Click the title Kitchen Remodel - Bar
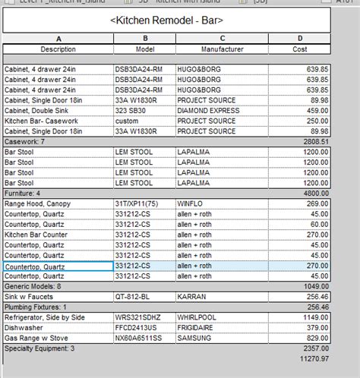click(167, 20)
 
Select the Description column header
click(58, 49)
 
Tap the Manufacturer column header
click(222, 49)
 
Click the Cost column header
click(300, 49)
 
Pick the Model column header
click(144, 49)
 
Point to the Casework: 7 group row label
click(25, 141)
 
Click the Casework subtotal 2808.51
click(314, 141)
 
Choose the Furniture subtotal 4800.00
click(314, 194)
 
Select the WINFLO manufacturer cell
click(190, 204)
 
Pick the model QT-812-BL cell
click(133, 297)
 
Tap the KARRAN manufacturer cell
click(190, 297)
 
